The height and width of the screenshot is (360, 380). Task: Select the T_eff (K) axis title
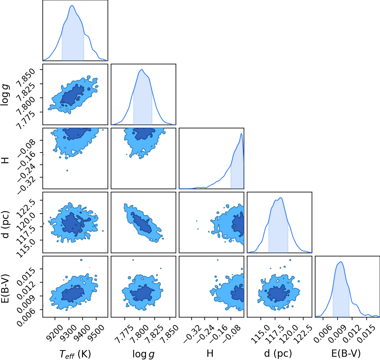point(75,354)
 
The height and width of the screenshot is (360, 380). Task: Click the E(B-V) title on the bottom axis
point(346,353)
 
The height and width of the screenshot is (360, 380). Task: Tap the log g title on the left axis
point(5,94)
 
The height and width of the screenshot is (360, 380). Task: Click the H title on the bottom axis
point(210,353)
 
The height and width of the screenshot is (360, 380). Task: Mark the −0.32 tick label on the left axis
point(27,185)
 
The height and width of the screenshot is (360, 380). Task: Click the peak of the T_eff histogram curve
point(72,6)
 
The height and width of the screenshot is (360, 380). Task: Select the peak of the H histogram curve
point(241,133)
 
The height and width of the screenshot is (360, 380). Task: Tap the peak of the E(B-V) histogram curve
point(341,262)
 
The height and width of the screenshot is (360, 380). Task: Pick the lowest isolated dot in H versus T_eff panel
point(67,171)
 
